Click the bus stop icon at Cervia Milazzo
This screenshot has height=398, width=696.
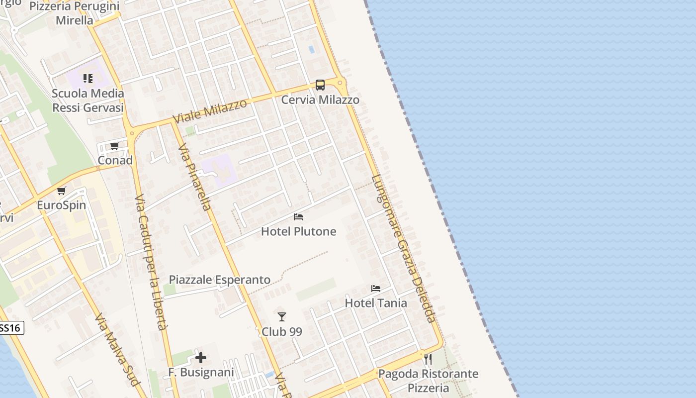pyautogui.click(x=320, y=85)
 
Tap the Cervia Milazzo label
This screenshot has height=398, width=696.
pyautogui.click(x=320, y=100)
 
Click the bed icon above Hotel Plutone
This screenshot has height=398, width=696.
pyautogui.click(x=298, y=217)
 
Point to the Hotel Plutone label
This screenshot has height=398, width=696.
pyautogui.click(x=298, y=231)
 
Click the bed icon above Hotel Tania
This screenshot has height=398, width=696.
pyautogui.click(x=376, y=289)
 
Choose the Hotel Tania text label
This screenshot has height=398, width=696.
pyautogui.click(x=376, y=303)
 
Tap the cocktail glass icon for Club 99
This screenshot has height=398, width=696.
pyautogui.click(x=282, y=317)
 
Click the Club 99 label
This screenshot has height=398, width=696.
pyautogui.click(x=282, y=331)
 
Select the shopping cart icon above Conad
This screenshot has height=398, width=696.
pyautogui.click(x=115, y=146)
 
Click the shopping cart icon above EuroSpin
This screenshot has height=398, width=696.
pyautogui.click(x=62, y=191)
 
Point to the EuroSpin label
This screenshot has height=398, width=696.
pyautogui.click(x=62, y=205)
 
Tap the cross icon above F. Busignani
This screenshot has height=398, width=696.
pyautogui.click(x=201, y=358)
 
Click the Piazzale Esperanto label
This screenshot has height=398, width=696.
pyautogui.click(x=220, y=280)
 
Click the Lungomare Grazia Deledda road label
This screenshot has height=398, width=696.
pyautogui.click(x=403, y=249)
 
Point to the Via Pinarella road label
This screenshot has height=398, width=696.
pyautogui.click(x=195, y=177)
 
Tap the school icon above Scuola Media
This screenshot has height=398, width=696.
pyautogui.click(x=88, y=79)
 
